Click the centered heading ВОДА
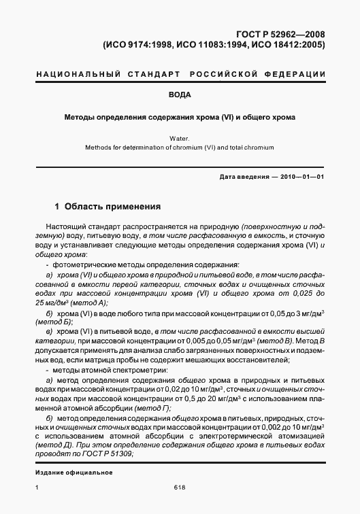[x=180, y=95]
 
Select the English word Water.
[x=180, y=138]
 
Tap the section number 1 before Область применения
[x=56, y=205]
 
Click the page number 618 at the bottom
[x=180, y=487]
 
